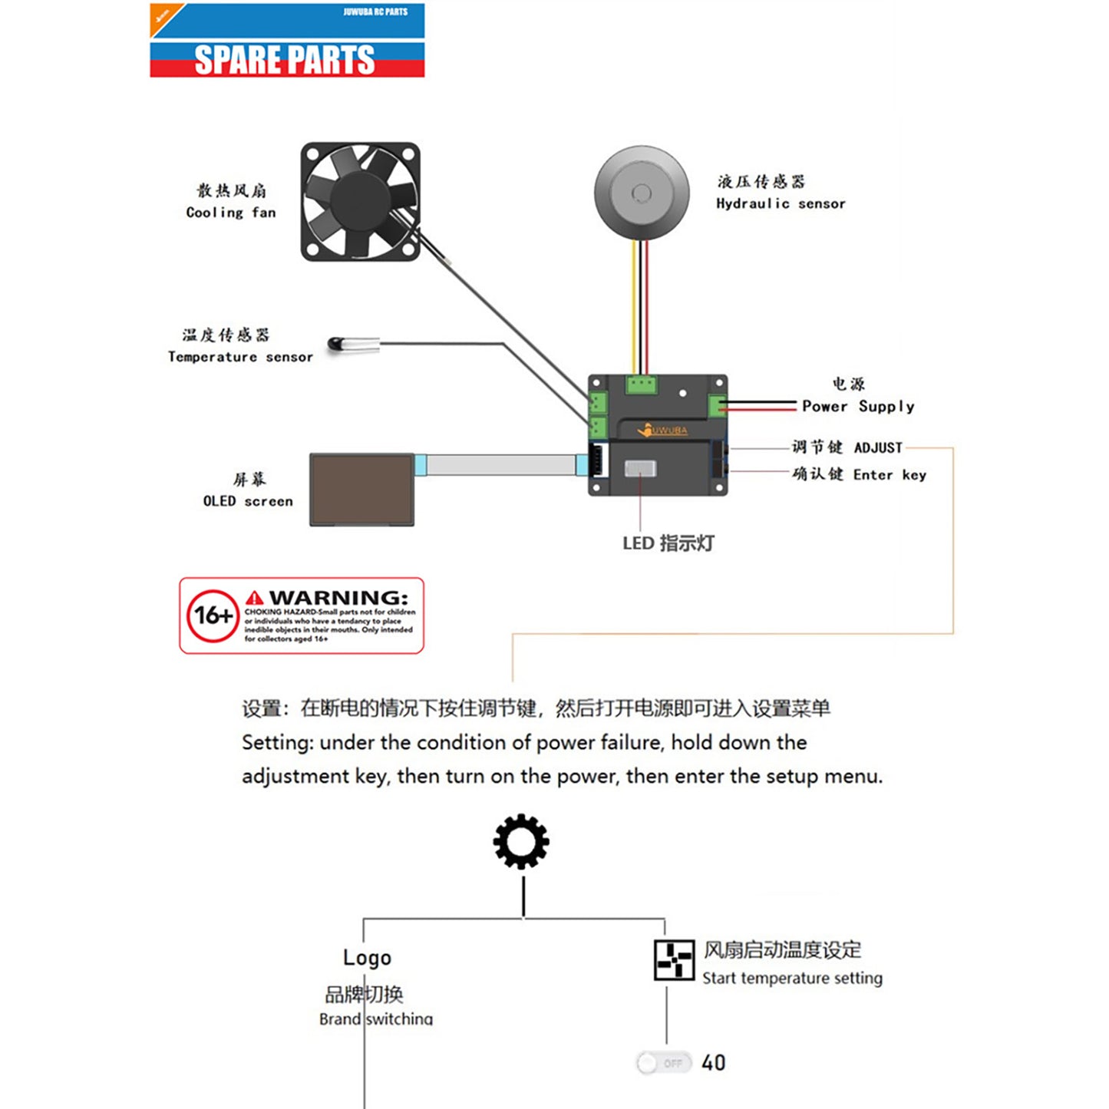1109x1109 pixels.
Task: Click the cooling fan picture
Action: point(360,201)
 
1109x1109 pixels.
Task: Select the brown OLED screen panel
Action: point(361,490)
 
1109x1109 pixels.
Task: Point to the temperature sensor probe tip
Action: point(336,345)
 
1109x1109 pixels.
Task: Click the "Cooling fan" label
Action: point(230,213)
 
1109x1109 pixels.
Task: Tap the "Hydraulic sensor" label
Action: point(781,203)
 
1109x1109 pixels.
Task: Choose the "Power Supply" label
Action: point(858,406)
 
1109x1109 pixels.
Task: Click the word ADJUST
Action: point(878,447)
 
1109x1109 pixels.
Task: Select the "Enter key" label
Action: point(890,475)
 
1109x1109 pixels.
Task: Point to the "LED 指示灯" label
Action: point(668,543)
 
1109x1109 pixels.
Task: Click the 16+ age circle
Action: point(213,616)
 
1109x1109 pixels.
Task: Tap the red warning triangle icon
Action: point(255,597)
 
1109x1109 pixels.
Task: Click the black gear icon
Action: point(521,841)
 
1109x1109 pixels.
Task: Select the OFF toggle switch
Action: point(664,1063)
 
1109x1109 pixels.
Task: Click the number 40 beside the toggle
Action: point(714,1063)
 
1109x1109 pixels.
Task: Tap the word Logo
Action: point(367,958)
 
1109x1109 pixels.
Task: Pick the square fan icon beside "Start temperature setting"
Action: point(674,960)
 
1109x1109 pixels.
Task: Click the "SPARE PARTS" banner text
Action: point(285,60)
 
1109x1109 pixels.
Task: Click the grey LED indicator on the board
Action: point(640,469)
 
